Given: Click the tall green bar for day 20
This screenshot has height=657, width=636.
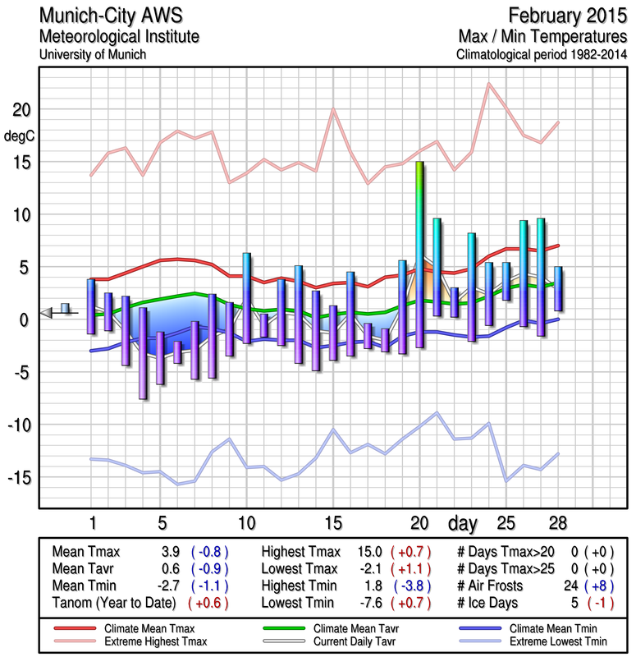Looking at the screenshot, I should coord(419,255).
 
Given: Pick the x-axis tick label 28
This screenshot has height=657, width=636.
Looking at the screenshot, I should coord(558,522).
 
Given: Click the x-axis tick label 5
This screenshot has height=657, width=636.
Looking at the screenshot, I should coord(162,522).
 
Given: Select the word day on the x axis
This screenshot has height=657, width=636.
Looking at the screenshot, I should coord(464,522).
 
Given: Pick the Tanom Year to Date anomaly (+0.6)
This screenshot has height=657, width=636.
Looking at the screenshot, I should coord(209,604).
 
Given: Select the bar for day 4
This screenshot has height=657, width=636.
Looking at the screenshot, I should coord(143,353).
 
